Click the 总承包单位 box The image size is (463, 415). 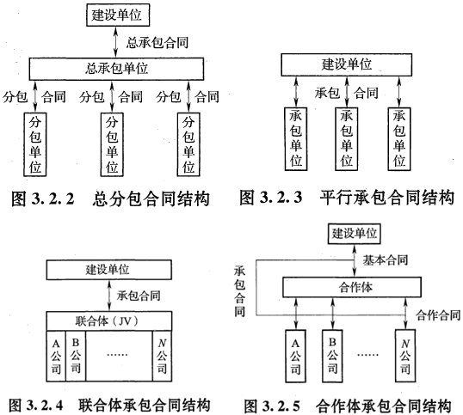(116, 69)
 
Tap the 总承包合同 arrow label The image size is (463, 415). (157, 42)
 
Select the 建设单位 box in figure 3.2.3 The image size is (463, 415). (346, 64)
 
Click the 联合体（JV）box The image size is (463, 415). (109, 321)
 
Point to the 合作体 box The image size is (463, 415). (352, 287)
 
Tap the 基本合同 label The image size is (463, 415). (386, 260)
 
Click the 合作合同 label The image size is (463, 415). (438, 315)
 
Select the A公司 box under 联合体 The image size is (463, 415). (56, 356)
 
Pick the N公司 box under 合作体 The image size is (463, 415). (405, 356)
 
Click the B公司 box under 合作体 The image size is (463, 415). (332, 356)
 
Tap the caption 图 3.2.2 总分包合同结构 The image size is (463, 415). (110, 198)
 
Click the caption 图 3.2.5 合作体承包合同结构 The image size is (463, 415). (348, 406)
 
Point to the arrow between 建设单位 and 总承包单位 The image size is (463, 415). (115, 42)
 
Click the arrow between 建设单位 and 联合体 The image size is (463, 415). (109, 296)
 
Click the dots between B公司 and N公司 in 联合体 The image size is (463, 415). (117, 354)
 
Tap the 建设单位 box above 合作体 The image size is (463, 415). (354, 234)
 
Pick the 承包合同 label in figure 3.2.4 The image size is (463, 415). (139, 296)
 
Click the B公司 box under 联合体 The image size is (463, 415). (76, 356)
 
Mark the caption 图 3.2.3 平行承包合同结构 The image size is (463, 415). (347, 198)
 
